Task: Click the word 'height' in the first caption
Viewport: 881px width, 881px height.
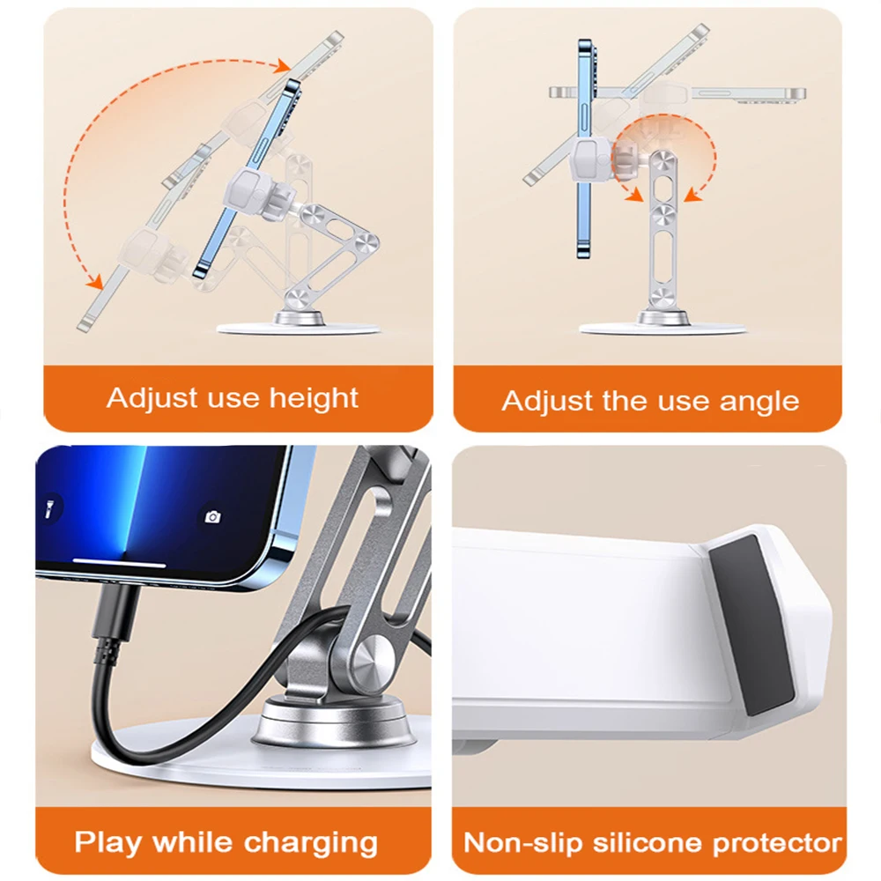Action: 314,399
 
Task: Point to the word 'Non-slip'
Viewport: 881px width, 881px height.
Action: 524,843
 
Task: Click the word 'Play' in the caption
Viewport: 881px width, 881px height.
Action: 107,843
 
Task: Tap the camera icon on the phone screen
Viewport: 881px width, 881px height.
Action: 212,516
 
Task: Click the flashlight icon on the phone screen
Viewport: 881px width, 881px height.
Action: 49,507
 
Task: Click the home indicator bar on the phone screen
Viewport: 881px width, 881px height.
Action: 120,562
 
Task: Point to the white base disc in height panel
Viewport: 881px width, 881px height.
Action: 299,329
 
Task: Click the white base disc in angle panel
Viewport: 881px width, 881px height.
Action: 663,328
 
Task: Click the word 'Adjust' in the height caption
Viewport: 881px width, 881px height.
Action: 152,399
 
